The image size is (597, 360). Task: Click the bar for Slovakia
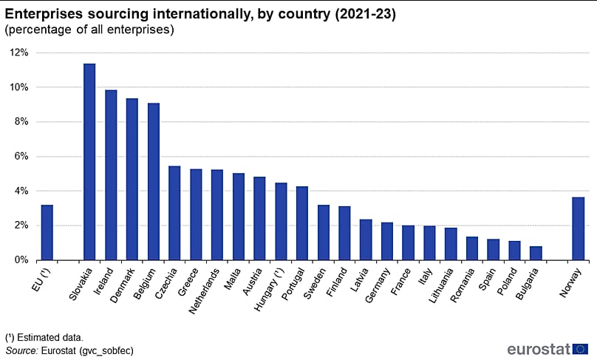(x=89, y=162)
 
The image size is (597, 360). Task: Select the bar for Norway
(x=579, y=228)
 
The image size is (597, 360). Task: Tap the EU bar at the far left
(x=47, y=232)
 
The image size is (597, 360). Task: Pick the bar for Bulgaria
(x=536, y=253)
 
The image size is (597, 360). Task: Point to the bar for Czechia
(x=174, y=213)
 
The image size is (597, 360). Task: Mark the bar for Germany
(x=386, y=241)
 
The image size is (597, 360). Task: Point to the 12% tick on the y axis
(x=19, y=52)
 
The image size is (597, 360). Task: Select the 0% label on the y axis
(x=21, y=260)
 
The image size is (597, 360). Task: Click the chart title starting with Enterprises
(x=200, y=15)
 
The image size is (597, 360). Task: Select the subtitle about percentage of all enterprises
(x=89, y=30)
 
